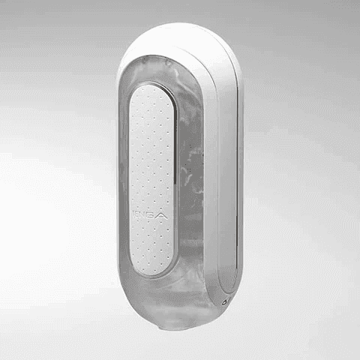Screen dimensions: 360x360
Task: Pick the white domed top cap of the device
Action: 180,41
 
